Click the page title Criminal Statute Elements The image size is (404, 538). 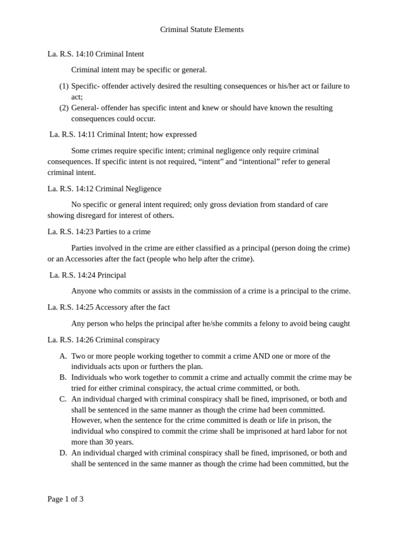tap(201, 29)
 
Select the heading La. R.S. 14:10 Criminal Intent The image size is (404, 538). tap(95, 54)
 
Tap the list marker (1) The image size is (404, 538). tap(64, 86)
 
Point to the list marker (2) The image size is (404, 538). tap(64, 108)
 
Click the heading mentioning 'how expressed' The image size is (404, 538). tap(123, 134)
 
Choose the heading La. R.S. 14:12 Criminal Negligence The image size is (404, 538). tap(104, 189)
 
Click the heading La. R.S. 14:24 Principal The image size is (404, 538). tap(87, 275)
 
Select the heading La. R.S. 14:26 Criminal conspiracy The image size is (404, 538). tap(104, 340)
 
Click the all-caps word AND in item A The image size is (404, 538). tap(261, 356)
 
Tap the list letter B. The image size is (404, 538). tap(63, 377)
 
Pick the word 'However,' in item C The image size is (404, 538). tap(86, 420)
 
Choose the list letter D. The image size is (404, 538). tap(63, 452)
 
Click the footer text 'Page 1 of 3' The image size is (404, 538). tap(65, 499)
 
